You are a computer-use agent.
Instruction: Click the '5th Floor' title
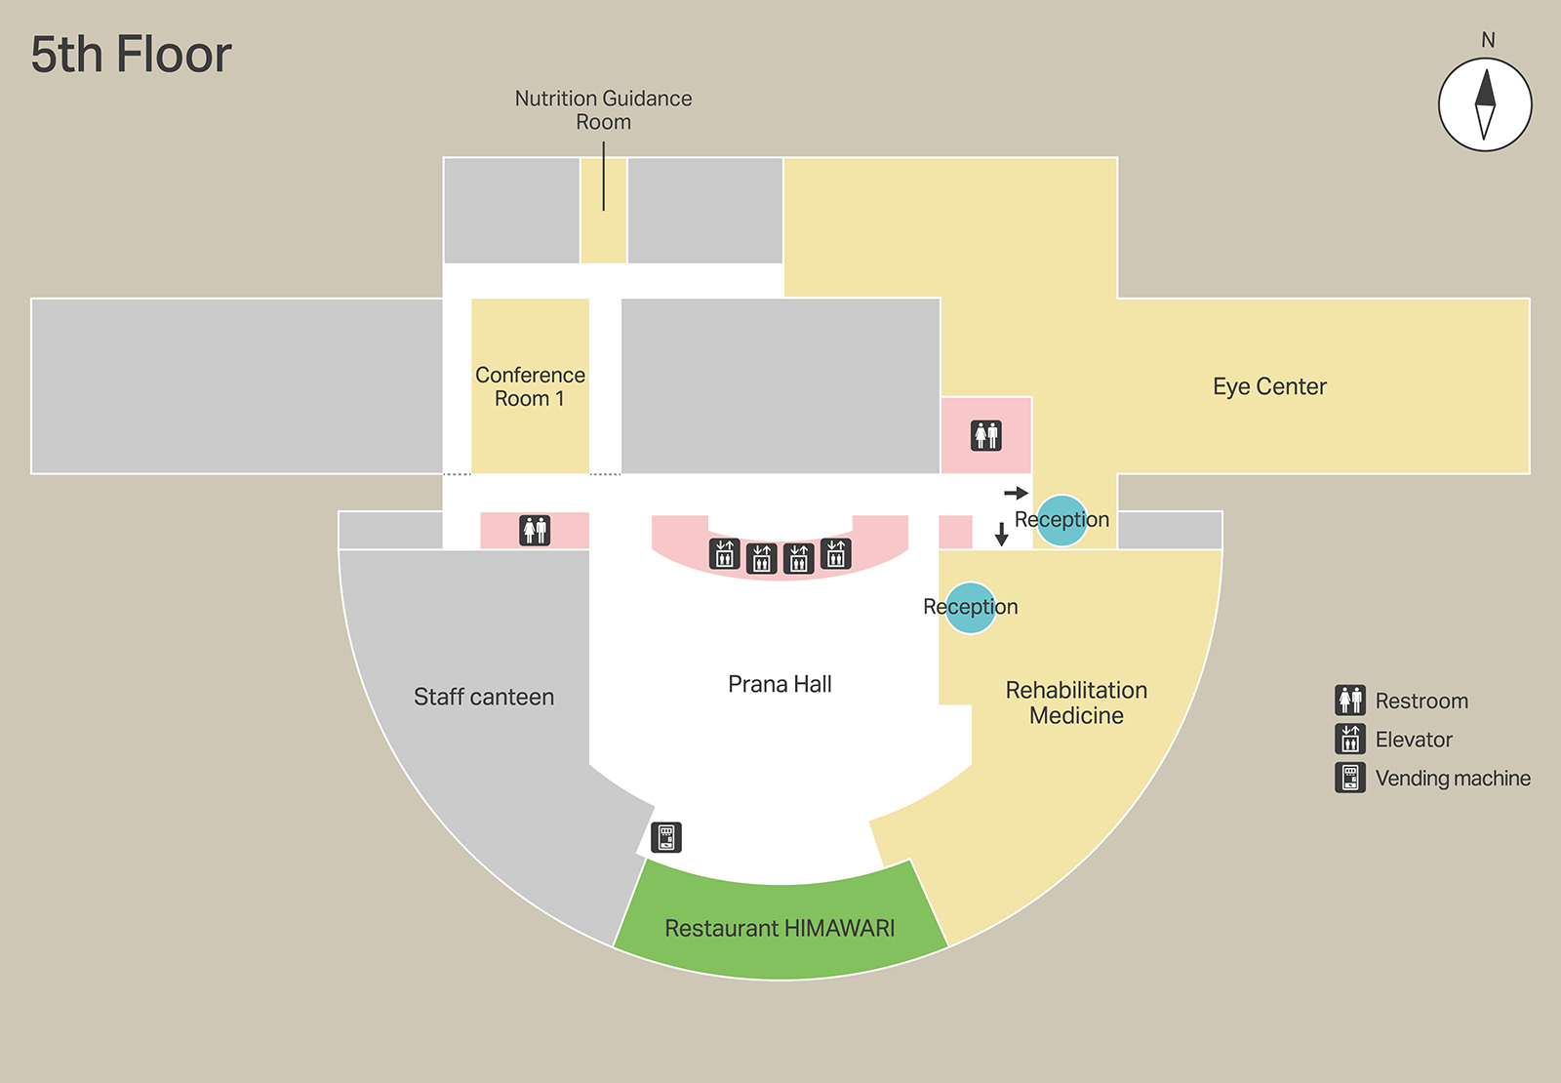coord(131,55)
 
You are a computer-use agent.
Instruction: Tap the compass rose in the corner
coord(1485,104)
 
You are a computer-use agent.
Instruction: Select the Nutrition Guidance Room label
coord(603,110)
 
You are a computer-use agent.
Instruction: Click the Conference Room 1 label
coord(530,386)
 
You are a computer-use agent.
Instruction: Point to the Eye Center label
coord(1269,386)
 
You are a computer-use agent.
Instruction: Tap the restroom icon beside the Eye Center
coord(986,435)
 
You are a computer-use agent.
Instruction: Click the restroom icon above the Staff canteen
coord(535,530)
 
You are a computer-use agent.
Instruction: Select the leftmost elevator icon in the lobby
coord(724,554)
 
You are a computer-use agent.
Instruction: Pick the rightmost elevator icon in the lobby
coord(836,553)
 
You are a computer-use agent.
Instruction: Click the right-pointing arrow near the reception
coord(1016,493)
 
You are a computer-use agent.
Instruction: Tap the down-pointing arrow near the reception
coord(1001,534)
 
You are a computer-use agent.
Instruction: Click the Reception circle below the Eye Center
coord(1061,520)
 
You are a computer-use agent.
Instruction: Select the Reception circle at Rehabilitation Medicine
coord(971,607)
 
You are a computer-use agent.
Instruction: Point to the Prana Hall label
coord(780,684)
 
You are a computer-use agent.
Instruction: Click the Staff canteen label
coord(484,697)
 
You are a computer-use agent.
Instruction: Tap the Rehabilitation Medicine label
coord(1076,702)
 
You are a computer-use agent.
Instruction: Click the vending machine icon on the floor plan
coord(666,837)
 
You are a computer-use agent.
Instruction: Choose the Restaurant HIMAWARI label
coord(780,928)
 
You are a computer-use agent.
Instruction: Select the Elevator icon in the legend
coord(1350,740)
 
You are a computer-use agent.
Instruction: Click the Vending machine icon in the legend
coord(1350,778)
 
